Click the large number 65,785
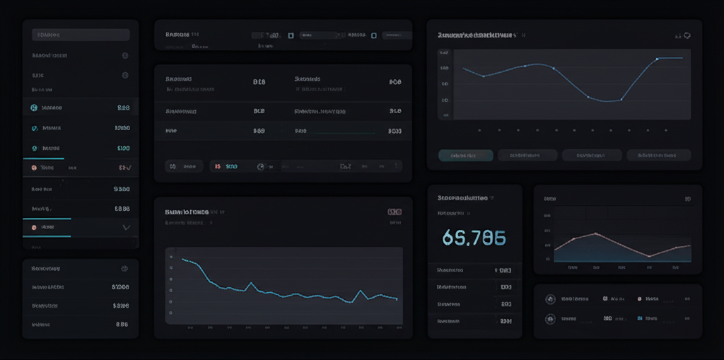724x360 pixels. tap(474, 238)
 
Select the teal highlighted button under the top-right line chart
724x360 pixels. tap(465, 155)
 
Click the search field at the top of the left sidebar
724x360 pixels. tap(81, 35)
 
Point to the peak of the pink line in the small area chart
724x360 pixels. tap(595, 233)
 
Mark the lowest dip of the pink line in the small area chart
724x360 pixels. tap(648, 255)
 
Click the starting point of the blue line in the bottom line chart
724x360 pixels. tap(183, 260)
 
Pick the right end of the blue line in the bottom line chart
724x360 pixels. tap(397, 299)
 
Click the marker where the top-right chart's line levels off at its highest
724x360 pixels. tap(657, 59)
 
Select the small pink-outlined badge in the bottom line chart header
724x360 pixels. tap(395, 211)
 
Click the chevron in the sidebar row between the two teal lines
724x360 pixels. tap(127, 227)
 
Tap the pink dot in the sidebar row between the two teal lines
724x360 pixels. tap(33, 227)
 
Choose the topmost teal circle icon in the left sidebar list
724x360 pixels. tap(33, 108)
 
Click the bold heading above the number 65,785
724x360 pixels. tap(464, 199)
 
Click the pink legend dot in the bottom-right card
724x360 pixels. tap(640, 299)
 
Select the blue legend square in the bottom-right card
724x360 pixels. tap(640, 318)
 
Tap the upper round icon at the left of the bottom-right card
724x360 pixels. tap(549, 299)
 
